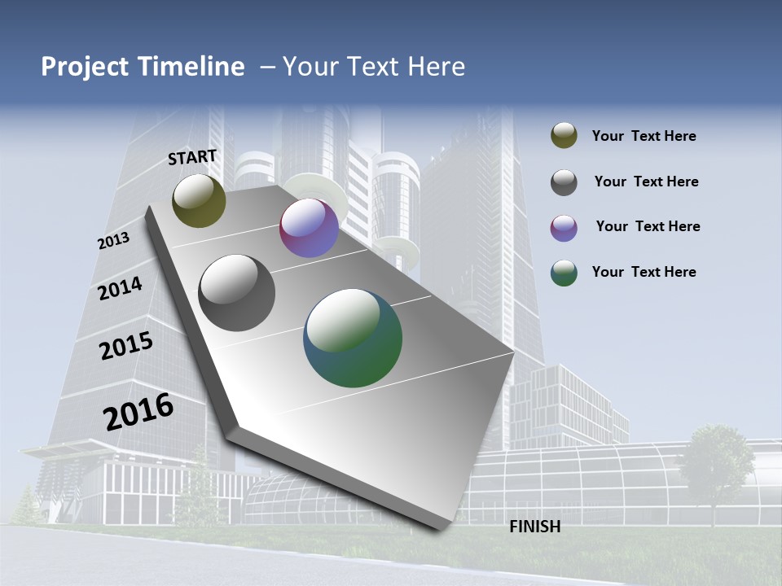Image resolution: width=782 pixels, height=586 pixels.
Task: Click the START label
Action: tap(192, 157)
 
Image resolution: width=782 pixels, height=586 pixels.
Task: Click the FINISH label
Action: tap(534, 527)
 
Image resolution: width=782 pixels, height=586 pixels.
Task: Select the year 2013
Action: tap(113, 241)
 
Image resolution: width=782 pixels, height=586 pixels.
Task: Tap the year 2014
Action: tap(120, 288)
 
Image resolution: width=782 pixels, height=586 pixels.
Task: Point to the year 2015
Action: tap(125, 346)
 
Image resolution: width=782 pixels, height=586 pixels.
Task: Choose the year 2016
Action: tap(138, 411)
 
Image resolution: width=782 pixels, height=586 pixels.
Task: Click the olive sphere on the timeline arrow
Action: tap(199, 200)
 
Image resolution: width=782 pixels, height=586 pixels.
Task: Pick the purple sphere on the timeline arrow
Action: tap(309, 228)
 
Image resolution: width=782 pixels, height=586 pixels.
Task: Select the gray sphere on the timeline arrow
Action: tap(237, 292)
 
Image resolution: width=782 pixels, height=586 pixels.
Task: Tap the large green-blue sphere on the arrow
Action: tap(353, 338)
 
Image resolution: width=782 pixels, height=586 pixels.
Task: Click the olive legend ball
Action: tap(564, 136)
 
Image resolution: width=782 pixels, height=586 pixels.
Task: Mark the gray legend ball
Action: tap(564, 182)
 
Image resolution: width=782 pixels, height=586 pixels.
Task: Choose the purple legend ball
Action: tap(564, 228)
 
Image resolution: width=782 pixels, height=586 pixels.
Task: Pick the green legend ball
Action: tap(564, 273)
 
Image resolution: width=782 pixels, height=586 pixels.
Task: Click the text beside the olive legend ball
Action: tap(644, 136)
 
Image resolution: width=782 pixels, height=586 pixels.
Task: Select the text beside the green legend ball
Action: tap(644, 272)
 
